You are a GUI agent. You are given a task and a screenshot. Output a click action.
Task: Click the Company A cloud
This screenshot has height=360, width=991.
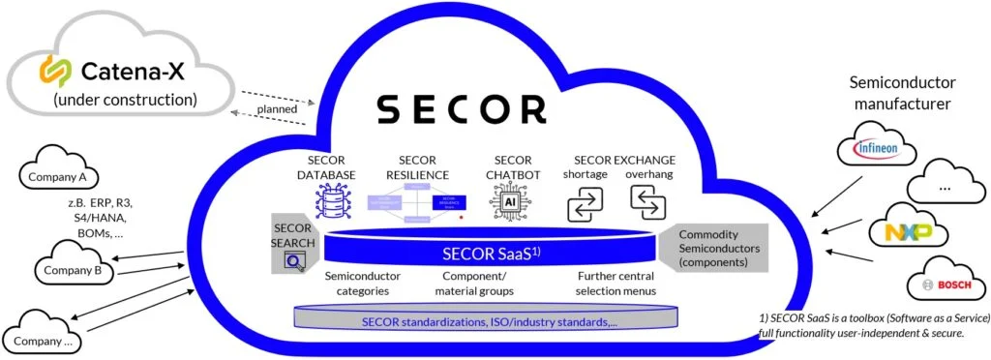point(56,176)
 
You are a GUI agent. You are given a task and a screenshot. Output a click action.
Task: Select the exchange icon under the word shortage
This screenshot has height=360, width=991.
point(586,201)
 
